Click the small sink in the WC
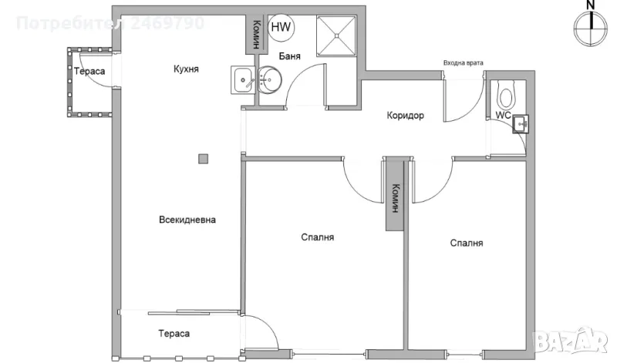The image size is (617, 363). [x=522, y=123]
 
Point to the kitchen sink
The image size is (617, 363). [x=243, y=79]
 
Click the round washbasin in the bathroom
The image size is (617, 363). [x=270, y=78]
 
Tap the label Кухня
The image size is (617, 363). [x=186, y=69]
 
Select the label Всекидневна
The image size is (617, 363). [x=187, y=220]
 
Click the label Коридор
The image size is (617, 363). [x=406, y=116]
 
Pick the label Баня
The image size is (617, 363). [x=289, y=56]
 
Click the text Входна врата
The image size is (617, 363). [x=464, y=63]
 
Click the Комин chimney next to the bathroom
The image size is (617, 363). [x=253, y=33]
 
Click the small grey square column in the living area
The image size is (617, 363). [x=203, y=159]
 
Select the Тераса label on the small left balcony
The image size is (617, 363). [x=89, y=72]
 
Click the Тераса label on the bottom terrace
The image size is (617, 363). [x=174, y=334]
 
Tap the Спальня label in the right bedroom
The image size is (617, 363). [x=467, y=243]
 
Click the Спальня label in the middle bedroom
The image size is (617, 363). [x=318, y=237]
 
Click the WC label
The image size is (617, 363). [x=503, y=116]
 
